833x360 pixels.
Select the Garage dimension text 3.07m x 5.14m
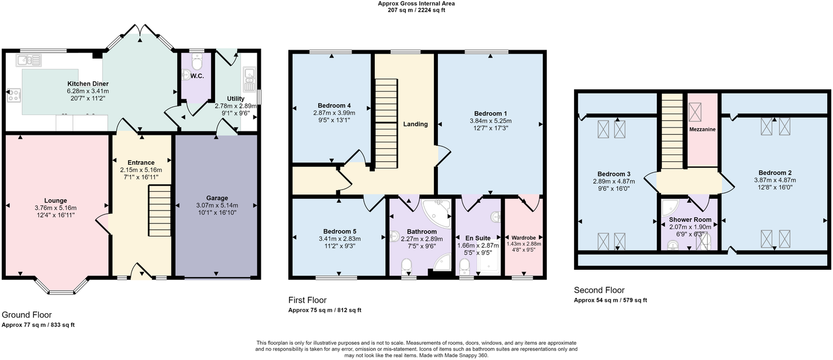click(x=217, y=205)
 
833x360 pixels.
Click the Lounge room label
click(x=56, y=200)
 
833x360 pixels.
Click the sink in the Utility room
click(x=249, y=80)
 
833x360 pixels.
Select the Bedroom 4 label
click(x=334, y=106)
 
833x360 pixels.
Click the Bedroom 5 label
click(x=340, y=231)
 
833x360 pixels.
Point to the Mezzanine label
click(x=702, y=129)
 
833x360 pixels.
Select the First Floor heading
click(x=308, y=300)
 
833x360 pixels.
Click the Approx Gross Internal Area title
click(x=416, y=3)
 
